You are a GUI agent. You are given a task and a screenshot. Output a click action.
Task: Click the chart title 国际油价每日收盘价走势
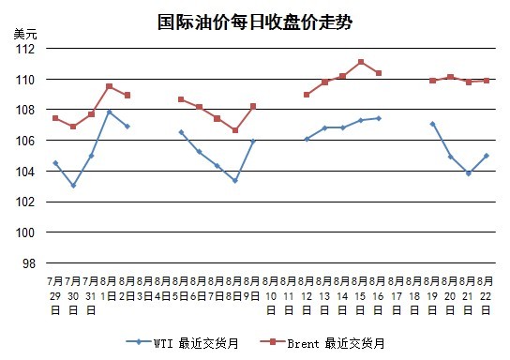click(255, 22)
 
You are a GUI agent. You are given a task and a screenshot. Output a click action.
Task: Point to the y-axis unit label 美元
click(25, 34)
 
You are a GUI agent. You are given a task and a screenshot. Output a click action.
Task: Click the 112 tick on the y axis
click(25, 49)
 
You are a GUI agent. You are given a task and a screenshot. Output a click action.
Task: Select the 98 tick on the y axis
click(29, 263)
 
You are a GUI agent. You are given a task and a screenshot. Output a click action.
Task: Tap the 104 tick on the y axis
click(25, 172)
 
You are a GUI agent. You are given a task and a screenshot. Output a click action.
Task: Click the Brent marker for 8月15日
click(361, 62)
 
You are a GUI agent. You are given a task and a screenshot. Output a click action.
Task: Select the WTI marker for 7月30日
click(73, 186)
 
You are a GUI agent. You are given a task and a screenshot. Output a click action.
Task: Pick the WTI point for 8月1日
click(110, 112)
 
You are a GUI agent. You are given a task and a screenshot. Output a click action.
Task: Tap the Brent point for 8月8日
click(235, 130)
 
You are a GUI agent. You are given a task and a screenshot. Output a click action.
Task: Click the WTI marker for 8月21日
click(469, 173)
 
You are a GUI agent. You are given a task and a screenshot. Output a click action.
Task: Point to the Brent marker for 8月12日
click(307, 95)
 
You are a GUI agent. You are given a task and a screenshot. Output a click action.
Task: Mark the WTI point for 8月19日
click(432, 124)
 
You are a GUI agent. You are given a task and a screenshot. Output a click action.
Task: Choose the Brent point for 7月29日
click(55, 118)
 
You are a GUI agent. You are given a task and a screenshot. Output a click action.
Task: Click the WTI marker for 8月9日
click(253, 142)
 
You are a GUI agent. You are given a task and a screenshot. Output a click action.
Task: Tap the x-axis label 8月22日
click(486, 295)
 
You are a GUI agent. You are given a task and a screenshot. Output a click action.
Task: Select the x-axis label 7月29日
click(55, 295)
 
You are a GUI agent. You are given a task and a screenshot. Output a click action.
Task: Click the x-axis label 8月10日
click(271, 295)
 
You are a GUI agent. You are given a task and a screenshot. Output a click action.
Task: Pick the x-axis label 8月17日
click(397, 295)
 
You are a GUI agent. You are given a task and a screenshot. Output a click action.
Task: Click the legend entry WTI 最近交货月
click(183, 343)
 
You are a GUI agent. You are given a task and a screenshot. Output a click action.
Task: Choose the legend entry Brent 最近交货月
click(322, 343)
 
